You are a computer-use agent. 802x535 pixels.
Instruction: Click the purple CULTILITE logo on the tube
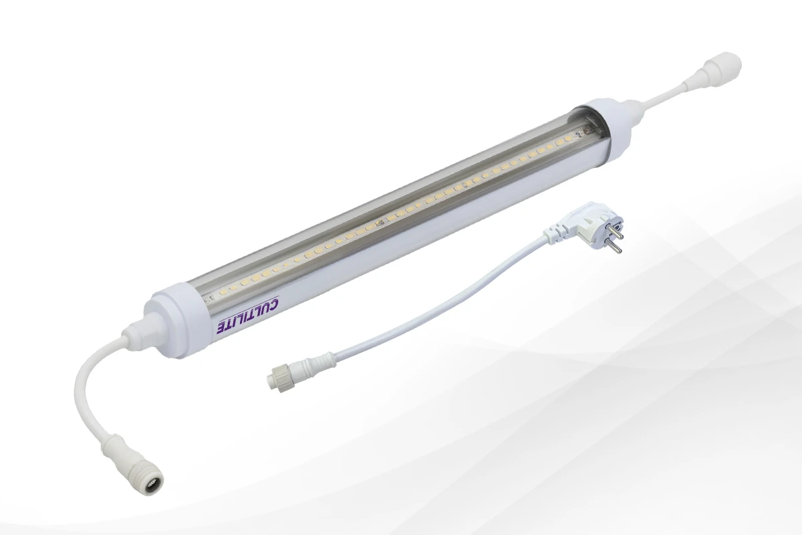pyautogui.click(x=248, y=316)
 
